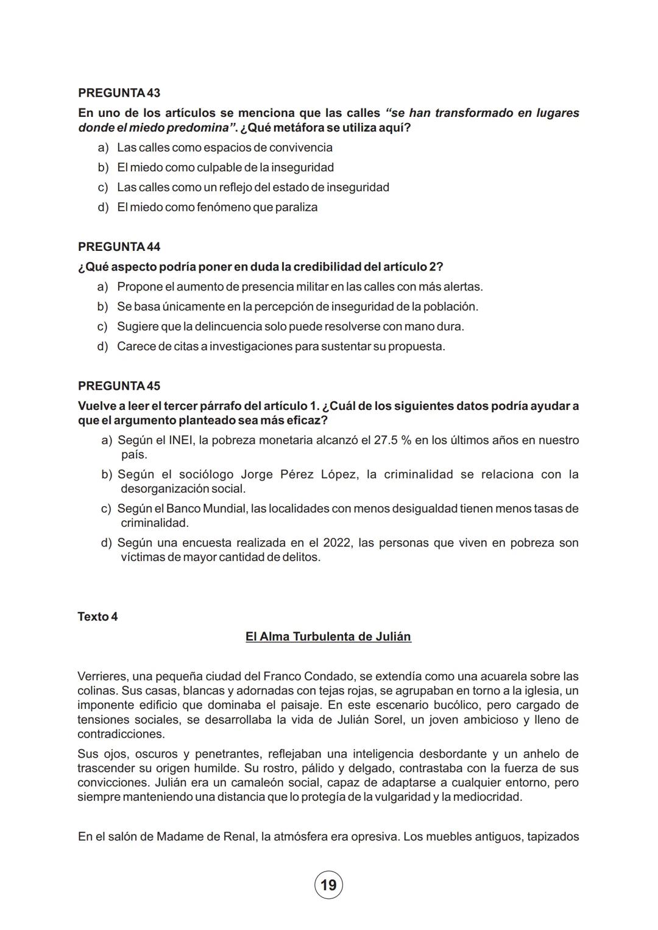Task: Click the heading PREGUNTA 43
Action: pos(119,93)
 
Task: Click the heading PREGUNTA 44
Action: pos(119,247)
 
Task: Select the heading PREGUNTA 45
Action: pos(119,386)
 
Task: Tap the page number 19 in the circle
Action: pos(328,885)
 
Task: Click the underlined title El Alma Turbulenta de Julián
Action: pos(328,636)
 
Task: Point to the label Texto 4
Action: pos(97,616)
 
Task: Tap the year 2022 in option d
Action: pos(337,543)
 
